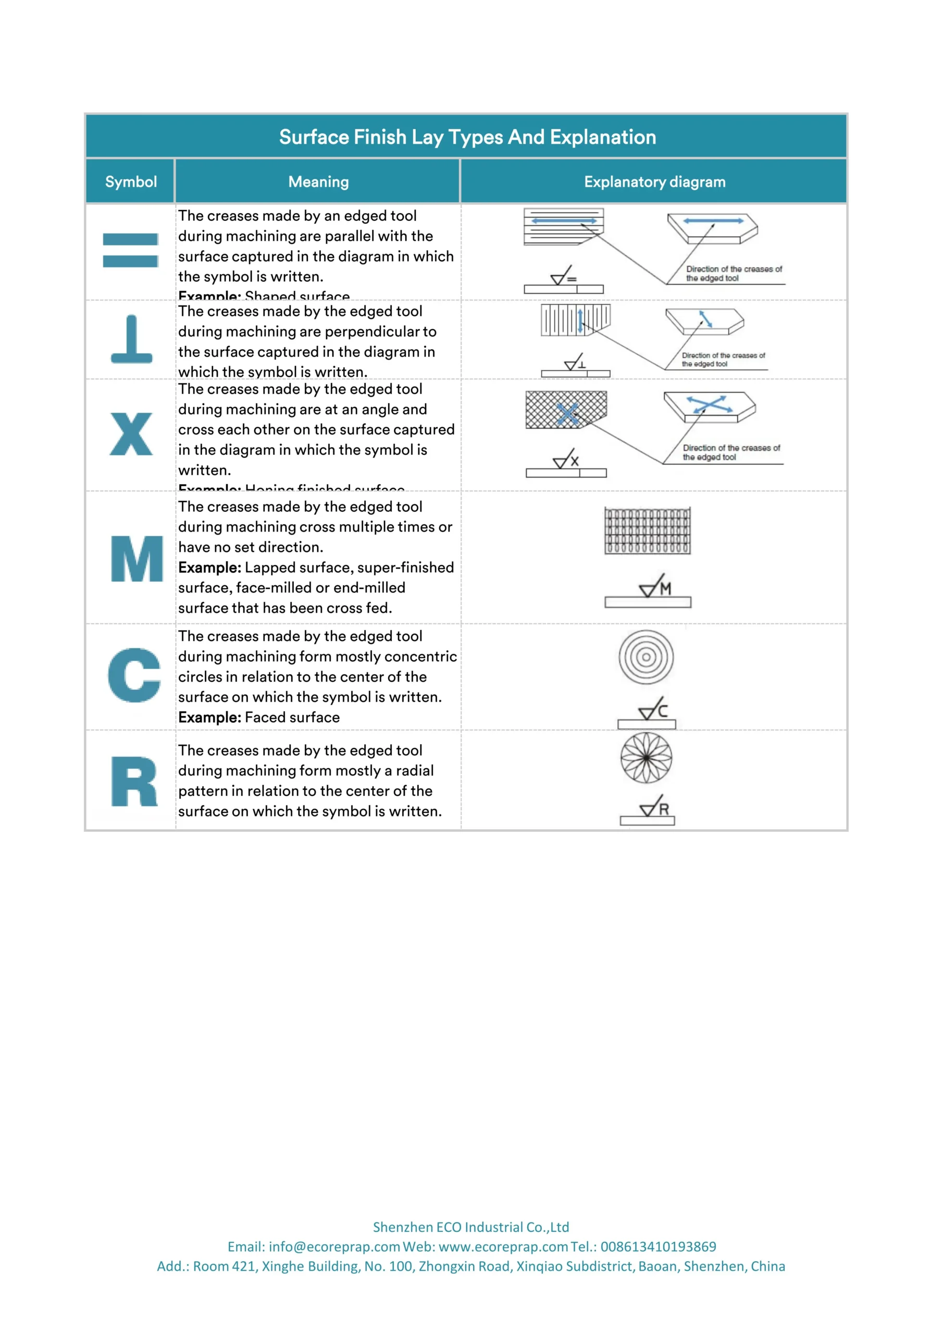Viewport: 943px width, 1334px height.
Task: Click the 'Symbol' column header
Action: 131,182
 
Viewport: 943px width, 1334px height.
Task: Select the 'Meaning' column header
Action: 318,182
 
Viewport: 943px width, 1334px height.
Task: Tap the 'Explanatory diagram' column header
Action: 654,182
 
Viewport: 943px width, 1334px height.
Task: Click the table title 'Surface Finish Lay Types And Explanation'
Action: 467,137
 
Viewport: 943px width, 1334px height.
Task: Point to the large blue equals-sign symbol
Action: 130,251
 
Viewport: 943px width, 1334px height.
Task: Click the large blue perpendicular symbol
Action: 131,339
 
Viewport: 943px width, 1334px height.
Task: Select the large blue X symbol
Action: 131,434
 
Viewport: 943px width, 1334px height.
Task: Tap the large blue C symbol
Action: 134,675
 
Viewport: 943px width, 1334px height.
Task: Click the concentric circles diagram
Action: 646,657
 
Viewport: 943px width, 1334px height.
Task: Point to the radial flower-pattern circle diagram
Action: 646,758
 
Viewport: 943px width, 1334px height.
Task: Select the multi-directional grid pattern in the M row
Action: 647,530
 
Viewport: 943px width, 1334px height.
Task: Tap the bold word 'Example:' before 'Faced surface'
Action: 209,718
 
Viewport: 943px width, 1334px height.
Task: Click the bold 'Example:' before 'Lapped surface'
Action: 209,567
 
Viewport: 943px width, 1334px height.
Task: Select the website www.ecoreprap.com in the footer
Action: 503,1246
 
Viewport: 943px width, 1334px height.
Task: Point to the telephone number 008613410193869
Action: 659,1246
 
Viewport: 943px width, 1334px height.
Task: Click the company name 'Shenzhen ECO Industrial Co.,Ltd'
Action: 470,1227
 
